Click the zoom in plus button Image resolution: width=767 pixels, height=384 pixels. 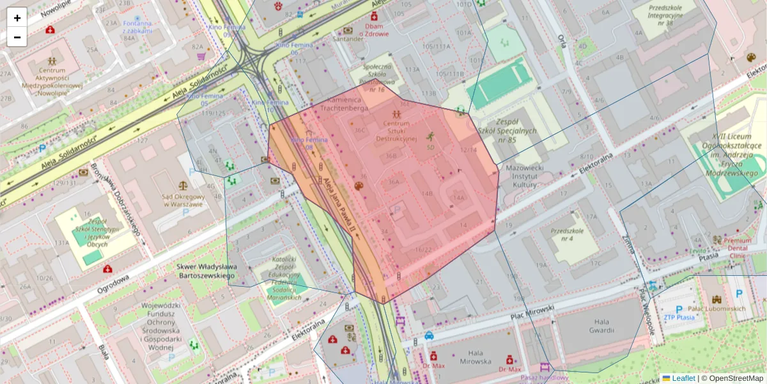pyautogui.click(x=17, y=18)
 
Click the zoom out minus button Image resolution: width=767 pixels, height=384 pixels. pyautogui.click(x=17, y=37)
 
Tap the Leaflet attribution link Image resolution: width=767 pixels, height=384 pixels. pyautogui.click(x=683, y=378)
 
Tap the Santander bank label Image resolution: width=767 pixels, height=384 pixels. pyautogui.click(x=348, y=38)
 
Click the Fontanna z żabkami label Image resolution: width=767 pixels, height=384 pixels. pyautogui.click(x=137, y=27)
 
